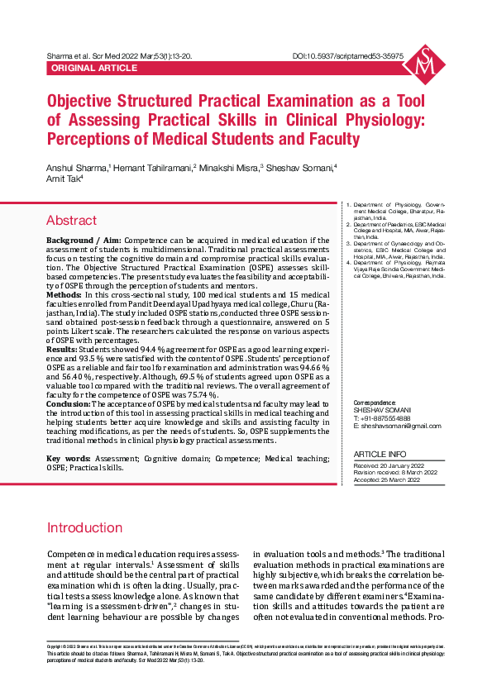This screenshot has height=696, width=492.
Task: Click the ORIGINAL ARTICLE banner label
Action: (x=93, y=68)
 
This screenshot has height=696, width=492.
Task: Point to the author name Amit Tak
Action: (x=64, y=178)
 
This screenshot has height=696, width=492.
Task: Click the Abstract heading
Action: (x=71, y=221)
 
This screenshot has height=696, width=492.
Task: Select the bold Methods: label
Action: (x=64, y=294)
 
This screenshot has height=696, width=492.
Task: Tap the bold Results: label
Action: (x=61, y=350)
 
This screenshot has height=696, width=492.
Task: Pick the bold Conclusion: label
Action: (x=68, y=403)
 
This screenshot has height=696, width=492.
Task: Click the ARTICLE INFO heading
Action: (x=380, y=455)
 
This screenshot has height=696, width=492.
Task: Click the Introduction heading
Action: (x=84, y=528)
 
